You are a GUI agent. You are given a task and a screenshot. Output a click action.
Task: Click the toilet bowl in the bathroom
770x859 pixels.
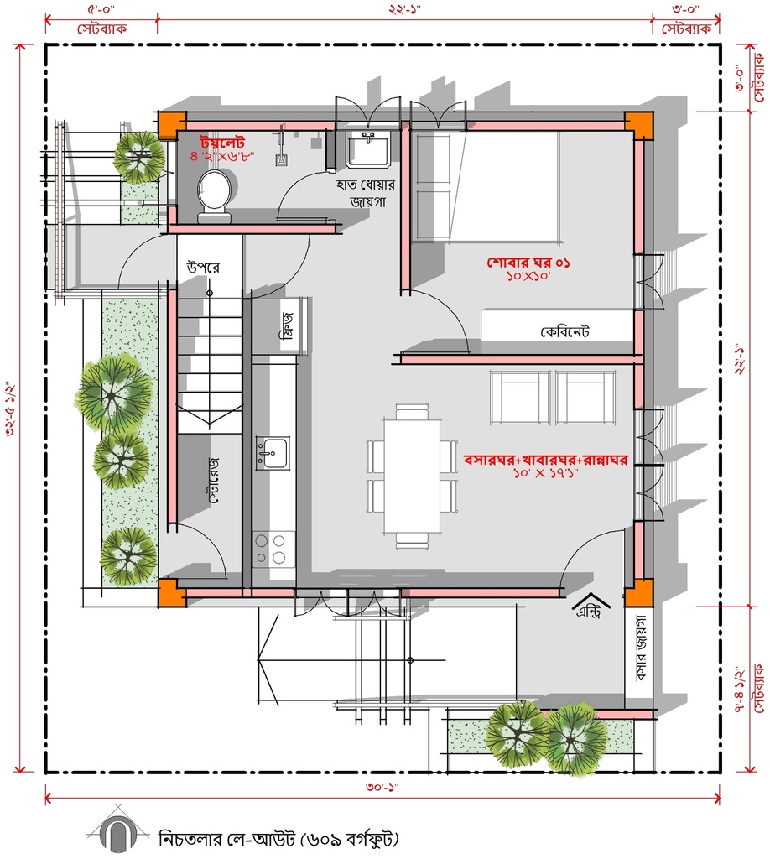coord(214,196)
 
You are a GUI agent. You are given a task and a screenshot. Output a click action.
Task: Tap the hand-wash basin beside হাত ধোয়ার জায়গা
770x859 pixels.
coord(368,148)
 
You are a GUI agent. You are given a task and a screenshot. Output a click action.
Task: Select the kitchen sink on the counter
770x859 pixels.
coord(272,454)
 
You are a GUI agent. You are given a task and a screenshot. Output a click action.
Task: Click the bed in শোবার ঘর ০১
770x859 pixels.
coord(486,186)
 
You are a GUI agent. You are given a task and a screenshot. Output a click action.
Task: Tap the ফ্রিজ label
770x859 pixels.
coord(288,325)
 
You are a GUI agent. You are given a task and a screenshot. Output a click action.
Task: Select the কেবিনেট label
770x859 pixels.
coord(564,332)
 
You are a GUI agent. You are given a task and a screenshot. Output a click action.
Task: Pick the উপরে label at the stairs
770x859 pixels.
coord(203,268)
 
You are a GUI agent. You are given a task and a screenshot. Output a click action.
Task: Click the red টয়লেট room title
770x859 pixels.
coord(221,143)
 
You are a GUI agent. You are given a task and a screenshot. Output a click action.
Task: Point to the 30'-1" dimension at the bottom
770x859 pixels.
coord(382,787)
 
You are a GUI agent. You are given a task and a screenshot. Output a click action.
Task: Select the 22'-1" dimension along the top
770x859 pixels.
coord(404,9)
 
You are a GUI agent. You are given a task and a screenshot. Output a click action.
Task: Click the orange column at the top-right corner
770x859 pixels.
coord(639,126)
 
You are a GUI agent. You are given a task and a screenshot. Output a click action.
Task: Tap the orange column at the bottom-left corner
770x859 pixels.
coord(172,592)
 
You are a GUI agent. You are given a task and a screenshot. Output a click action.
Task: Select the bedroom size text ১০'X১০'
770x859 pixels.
coord(528,275)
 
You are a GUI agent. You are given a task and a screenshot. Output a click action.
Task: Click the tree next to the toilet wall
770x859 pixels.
coord(139,157)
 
